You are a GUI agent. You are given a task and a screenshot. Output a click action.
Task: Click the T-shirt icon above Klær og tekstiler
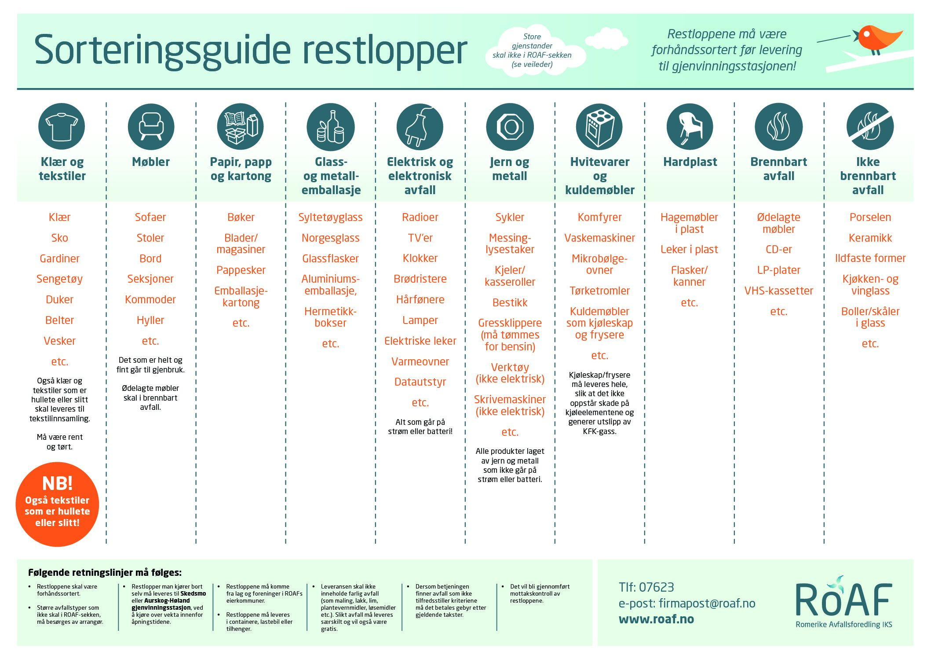[62, 127]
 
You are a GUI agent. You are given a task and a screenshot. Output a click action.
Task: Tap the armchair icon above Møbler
[151, 127]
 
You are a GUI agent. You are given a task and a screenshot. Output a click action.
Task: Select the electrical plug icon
[420, 127]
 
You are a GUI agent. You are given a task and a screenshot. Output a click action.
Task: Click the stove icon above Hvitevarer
[599, 127]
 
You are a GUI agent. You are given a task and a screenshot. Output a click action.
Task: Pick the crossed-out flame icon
[870, 127]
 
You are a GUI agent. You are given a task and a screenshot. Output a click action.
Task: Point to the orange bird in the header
[876, 39]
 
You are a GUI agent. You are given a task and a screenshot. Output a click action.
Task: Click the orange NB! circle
[57, 504]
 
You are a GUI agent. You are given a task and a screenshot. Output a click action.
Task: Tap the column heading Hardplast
[690, 162]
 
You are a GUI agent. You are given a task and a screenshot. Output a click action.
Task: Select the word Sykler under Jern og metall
[510, 217]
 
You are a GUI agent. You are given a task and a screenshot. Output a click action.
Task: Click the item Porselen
[870, 217]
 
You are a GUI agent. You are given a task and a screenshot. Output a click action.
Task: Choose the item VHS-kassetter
[778, 291]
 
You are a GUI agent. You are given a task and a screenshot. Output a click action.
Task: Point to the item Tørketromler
[599, 291]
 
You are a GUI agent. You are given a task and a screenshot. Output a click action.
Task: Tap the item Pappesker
[241, 270]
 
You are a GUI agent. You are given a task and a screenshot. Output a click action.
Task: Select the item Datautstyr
[420, 382]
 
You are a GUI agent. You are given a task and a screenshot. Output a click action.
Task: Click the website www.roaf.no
[656, 619]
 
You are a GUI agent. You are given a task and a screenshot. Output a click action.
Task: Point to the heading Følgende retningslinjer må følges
[105, 572]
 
